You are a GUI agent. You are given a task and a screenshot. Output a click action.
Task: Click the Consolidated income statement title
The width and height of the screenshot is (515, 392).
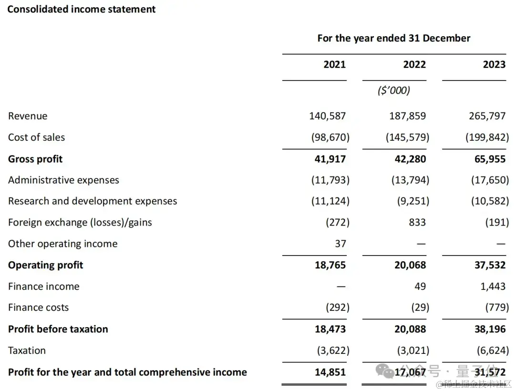(x=82, y=9)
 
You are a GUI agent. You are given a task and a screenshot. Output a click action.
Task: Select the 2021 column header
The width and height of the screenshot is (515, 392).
(x=334, y=64)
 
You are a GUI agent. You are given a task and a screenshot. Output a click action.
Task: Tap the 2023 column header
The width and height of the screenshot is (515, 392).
(x=494, y=64)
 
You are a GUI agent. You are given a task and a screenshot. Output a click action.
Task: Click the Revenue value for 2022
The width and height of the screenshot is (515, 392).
(x=407, y=116)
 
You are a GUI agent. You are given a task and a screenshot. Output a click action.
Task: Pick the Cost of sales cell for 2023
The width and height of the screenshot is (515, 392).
(x=487, y=137)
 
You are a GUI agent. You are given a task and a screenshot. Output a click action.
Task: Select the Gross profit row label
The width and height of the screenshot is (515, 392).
(x=35, y=159)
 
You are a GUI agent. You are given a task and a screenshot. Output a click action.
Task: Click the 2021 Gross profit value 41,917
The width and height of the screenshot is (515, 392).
(x=330, y=159)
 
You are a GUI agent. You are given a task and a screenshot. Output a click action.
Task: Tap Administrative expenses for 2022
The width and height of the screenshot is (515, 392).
(x=407, y=180)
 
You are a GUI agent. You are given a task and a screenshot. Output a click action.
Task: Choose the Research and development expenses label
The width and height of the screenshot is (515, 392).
(x=93, y=201)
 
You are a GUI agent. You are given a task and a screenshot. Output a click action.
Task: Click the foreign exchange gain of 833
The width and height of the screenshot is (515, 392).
(x=417, y=222)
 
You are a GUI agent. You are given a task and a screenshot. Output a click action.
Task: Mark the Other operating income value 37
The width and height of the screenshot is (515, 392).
(x=340, y=244)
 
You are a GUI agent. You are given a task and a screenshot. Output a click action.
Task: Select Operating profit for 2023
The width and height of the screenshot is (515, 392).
(x=490, y=265)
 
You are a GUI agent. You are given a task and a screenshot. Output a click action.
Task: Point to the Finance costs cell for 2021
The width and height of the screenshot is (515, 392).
(x=337, y=308)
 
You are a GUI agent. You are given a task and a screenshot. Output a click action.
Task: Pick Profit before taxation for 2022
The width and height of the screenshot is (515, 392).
(x=410, y=329)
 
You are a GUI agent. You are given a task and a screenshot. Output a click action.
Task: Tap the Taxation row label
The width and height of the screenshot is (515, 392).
(x=27, y=351)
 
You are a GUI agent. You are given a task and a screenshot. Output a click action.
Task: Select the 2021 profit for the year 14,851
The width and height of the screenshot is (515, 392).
(x=330, y=372)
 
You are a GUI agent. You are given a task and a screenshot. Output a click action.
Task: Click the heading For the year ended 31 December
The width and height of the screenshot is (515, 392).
(x=394, y=38)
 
